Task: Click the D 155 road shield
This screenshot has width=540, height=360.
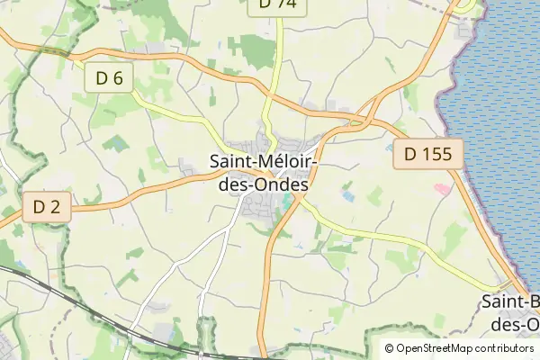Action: click(427, 154)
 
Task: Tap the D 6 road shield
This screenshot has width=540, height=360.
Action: click(109, 78)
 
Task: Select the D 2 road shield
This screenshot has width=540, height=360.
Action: click(46, 208)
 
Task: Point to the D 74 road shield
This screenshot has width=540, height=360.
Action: click(276, 4)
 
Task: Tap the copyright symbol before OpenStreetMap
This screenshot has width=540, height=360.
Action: click(389, 348)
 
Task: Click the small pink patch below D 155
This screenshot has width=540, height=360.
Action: click(441, 188)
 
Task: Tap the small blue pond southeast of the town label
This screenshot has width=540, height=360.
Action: click(348, 194)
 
